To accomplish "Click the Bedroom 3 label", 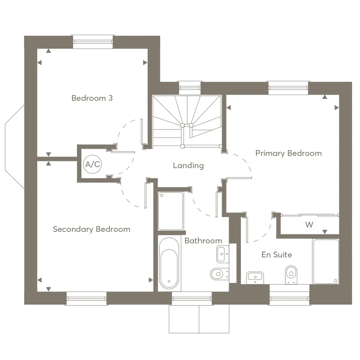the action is [x=92, y=98].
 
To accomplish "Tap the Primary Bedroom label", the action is [x=289, y=153].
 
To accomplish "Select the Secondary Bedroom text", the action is [x=91, y=229].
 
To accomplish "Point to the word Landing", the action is [x=188, y=166].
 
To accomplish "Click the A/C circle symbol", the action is [x=93, y=164].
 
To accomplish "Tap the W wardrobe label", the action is [x=309, y=225].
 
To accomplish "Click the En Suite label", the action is [x=276, y=255].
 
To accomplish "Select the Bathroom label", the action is [x=203, y=240].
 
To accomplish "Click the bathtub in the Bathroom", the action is [x=169, y=263].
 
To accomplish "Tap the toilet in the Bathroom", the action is [x=219, y=274].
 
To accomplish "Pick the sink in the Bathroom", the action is [x=222, y=254].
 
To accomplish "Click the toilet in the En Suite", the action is [x=291, y=275].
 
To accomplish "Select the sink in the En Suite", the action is [x=255, y=278].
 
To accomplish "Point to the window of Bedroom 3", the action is [x=93, y=42].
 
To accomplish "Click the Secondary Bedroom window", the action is [x=86, y=298].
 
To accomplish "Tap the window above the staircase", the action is [x=190, y=88].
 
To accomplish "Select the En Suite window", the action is [x=289, y=298].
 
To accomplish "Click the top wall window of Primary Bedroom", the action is [x=288, y=88].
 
